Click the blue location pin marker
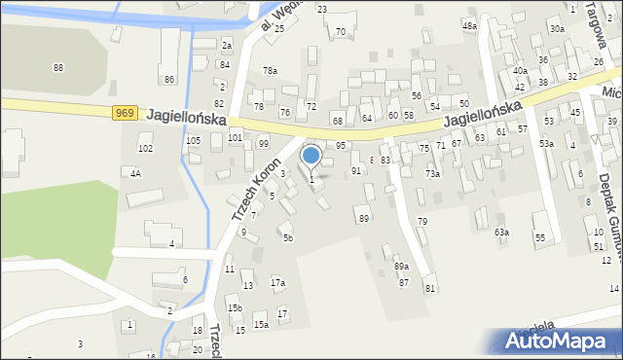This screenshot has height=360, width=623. click(x=311, y=155)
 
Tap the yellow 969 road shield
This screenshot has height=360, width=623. click(x=124, y=114)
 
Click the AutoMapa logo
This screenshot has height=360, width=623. click(x=562, y=341)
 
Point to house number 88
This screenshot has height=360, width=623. click(x=58, y=67)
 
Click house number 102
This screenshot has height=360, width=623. click(x=145, y=149)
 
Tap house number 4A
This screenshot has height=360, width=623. click(x=135, y=173)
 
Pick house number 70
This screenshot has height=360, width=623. click(x=341, y=32)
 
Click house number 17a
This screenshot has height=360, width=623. click(x=277, y=283)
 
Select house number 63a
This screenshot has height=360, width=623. click(x=501, y=233)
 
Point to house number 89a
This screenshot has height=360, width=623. click(x=401, y=267)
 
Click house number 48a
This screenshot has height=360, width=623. click(x=469, y=26)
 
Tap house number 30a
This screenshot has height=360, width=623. click(x=557, y=29)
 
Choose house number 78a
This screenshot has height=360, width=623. click(x=270, y=71)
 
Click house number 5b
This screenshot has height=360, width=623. click(x=287, y=237)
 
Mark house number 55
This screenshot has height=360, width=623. click(x=539, y=238)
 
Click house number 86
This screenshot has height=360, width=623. click(x=169, y=79)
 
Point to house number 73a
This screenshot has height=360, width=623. click(x=432, y=174)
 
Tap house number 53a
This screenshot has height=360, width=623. click(x=547, y=144)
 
